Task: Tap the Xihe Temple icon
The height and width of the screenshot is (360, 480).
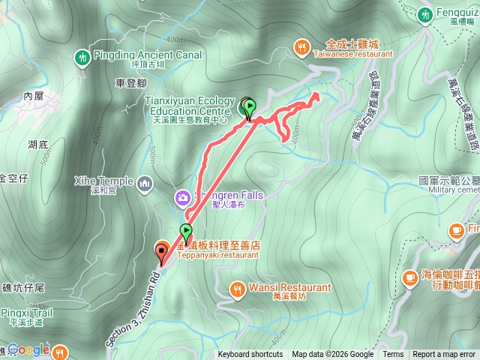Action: [145, 182]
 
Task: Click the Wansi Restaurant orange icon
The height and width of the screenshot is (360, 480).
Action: [237, 288]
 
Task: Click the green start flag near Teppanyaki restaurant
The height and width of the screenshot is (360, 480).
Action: [186, 232]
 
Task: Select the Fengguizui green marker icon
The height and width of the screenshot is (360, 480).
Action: [425, 13]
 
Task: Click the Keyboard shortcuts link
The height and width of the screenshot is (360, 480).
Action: [250, 355]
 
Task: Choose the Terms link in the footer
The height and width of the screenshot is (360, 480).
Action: [393, 355]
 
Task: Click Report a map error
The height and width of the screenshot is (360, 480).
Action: [445, 355]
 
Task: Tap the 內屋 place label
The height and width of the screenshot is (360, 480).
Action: [34, 96]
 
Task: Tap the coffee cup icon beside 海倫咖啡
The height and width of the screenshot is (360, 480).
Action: [409, 277]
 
